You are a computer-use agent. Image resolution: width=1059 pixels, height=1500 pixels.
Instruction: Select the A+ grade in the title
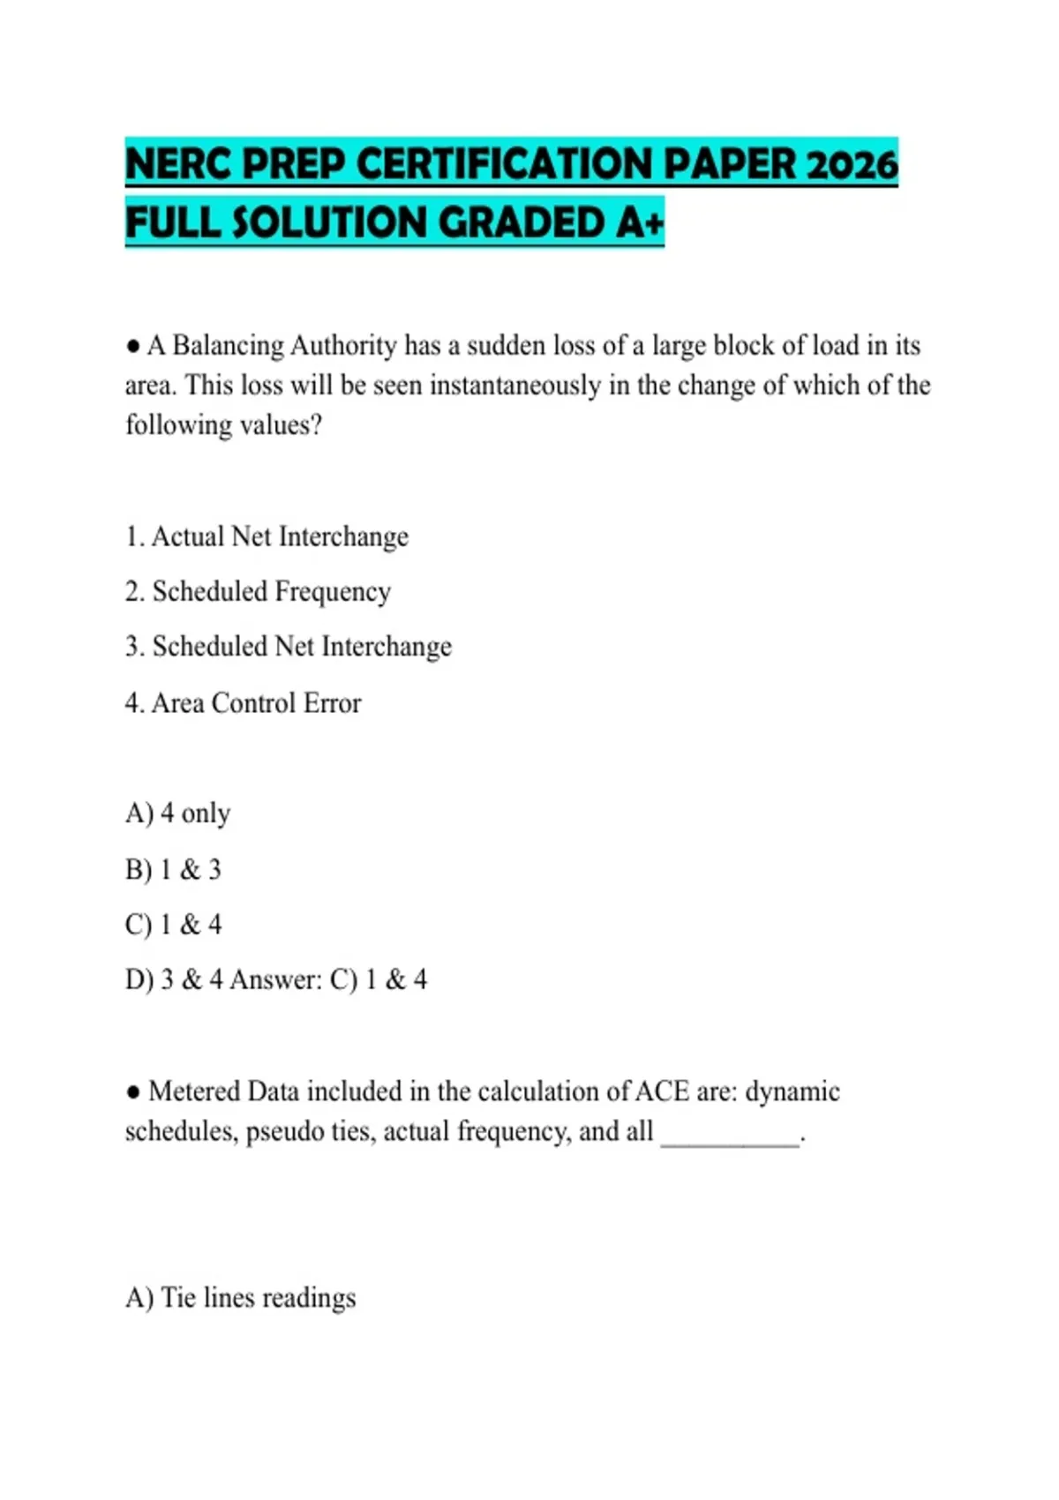point(640,221)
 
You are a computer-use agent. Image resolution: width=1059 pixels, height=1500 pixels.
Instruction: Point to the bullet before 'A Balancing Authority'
point(133,346)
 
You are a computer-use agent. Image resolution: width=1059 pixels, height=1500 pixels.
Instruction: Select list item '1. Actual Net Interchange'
point(267,536)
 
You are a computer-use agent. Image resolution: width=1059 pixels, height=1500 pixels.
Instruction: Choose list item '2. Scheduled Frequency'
point(258,591)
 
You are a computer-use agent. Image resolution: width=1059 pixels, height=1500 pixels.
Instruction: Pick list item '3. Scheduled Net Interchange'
point(288,647)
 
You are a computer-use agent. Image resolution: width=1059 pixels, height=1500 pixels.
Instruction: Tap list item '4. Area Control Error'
point(243,703)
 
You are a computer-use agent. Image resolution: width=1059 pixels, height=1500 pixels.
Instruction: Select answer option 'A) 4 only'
point(177,813)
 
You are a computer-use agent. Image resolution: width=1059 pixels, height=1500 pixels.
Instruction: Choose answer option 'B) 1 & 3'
point(173,870)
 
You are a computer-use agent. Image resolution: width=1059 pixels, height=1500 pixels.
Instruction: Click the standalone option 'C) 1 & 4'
point(173,925)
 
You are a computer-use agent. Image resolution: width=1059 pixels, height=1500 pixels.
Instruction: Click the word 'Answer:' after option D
point(275,979)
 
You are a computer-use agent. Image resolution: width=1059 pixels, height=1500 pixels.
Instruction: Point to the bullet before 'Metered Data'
point(133,1092)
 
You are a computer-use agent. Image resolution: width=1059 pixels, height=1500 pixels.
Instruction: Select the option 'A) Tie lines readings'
point(240,1298)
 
